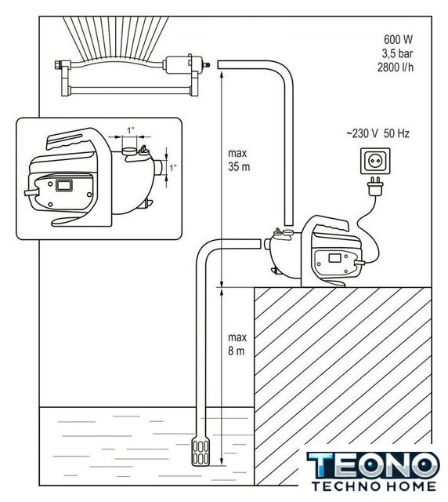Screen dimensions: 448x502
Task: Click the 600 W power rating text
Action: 398,39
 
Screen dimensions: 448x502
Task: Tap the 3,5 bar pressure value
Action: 397,53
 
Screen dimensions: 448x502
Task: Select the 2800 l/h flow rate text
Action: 396,67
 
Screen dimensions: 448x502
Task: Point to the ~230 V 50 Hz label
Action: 378,133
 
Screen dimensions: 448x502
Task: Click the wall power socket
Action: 375,161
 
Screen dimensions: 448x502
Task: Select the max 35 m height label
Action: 239,160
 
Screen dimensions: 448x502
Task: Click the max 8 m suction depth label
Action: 237,344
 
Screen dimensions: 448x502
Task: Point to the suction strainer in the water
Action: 201,452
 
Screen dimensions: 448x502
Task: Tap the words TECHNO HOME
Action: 374,486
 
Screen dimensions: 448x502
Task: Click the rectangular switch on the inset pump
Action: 63,185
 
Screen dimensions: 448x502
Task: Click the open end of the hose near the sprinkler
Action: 219,64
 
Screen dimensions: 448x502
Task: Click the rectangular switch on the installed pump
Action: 335,257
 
